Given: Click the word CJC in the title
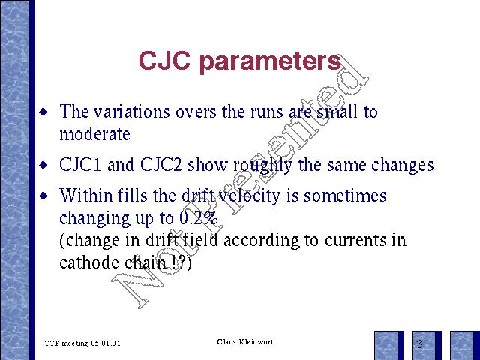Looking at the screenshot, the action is pos(164,60).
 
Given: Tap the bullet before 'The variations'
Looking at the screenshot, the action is pos(43,112).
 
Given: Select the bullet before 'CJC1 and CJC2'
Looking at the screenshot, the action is pos(43,165).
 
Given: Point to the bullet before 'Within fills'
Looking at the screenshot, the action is pos(43,196).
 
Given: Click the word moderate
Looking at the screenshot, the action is pos(95,134).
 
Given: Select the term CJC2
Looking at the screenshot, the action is pos(161,165).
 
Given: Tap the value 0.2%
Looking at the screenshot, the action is pos(198,218).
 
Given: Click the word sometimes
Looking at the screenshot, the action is pos(345,195).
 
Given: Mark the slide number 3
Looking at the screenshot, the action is pos(419,343).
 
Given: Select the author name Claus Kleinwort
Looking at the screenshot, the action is pos(245,342).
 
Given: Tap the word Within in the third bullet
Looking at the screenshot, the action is pos(86,195).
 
